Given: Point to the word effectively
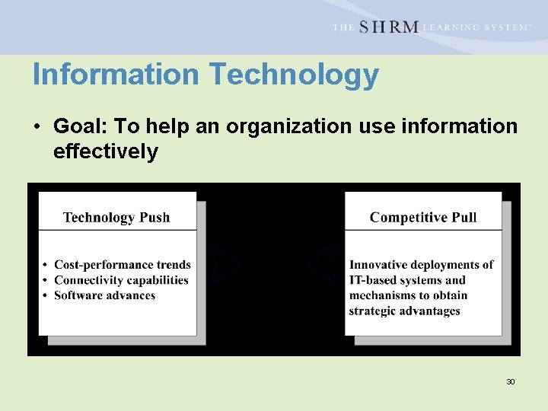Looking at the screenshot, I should [105, 151].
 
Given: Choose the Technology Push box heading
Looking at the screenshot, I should [116, 218].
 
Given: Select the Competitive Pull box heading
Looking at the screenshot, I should [423, 218].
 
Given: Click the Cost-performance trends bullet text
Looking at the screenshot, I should [123, 265].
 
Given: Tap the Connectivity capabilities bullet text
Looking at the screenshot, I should [121, 280].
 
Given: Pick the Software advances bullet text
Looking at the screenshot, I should [104, 295].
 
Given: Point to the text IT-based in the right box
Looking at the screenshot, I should [371, 280].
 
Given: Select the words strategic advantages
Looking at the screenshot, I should [404, 311].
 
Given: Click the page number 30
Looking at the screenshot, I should [510, 381].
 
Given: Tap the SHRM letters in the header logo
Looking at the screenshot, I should [388, 27].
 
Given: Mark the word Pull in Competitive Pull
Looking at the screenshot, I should [464, 218].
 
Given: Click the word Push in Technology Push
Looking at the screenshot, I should [155, 218].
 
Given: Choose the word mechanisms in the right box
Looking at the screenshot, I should [383, 295].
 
